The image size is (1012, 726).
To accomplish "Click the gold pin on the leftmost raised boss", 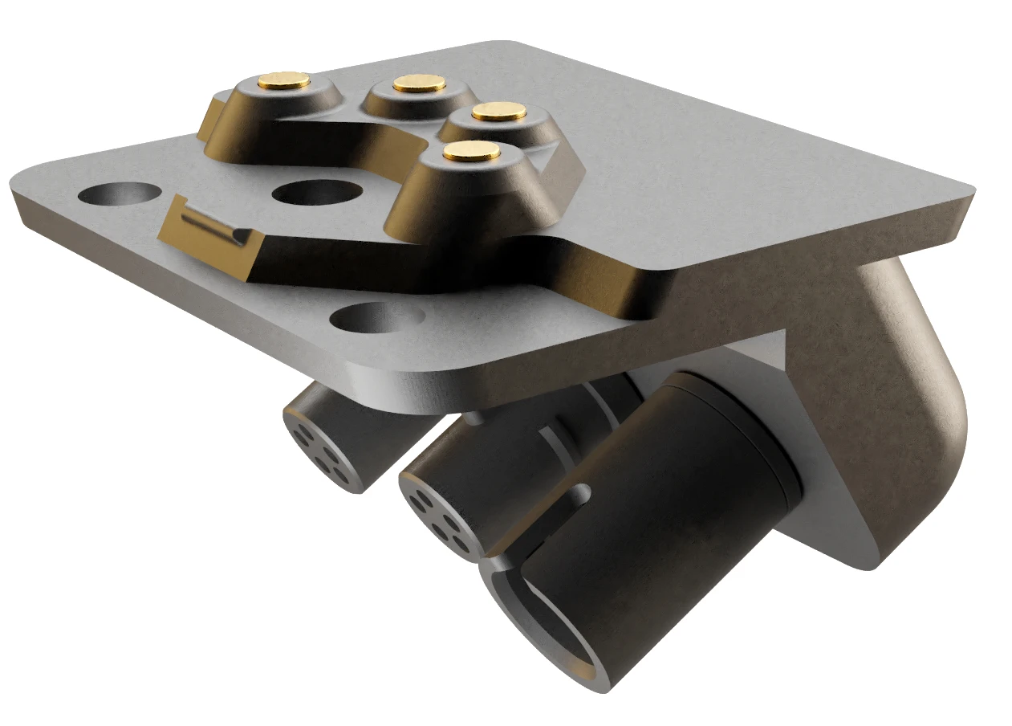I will tap(285, 79).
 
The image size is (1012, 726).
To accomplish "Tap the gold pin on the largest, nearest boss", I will tap(470, 151).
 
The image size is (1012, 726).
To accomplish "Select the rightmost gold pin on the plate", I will tap(498, 112).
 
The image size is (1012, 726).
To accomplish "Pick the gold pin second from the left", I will tap(420, 83).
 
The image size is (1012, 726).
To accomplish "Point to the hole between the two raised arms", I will tap(314, 193).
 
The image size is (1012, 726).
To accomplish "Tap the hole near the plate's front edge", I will tap(377, 317).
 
